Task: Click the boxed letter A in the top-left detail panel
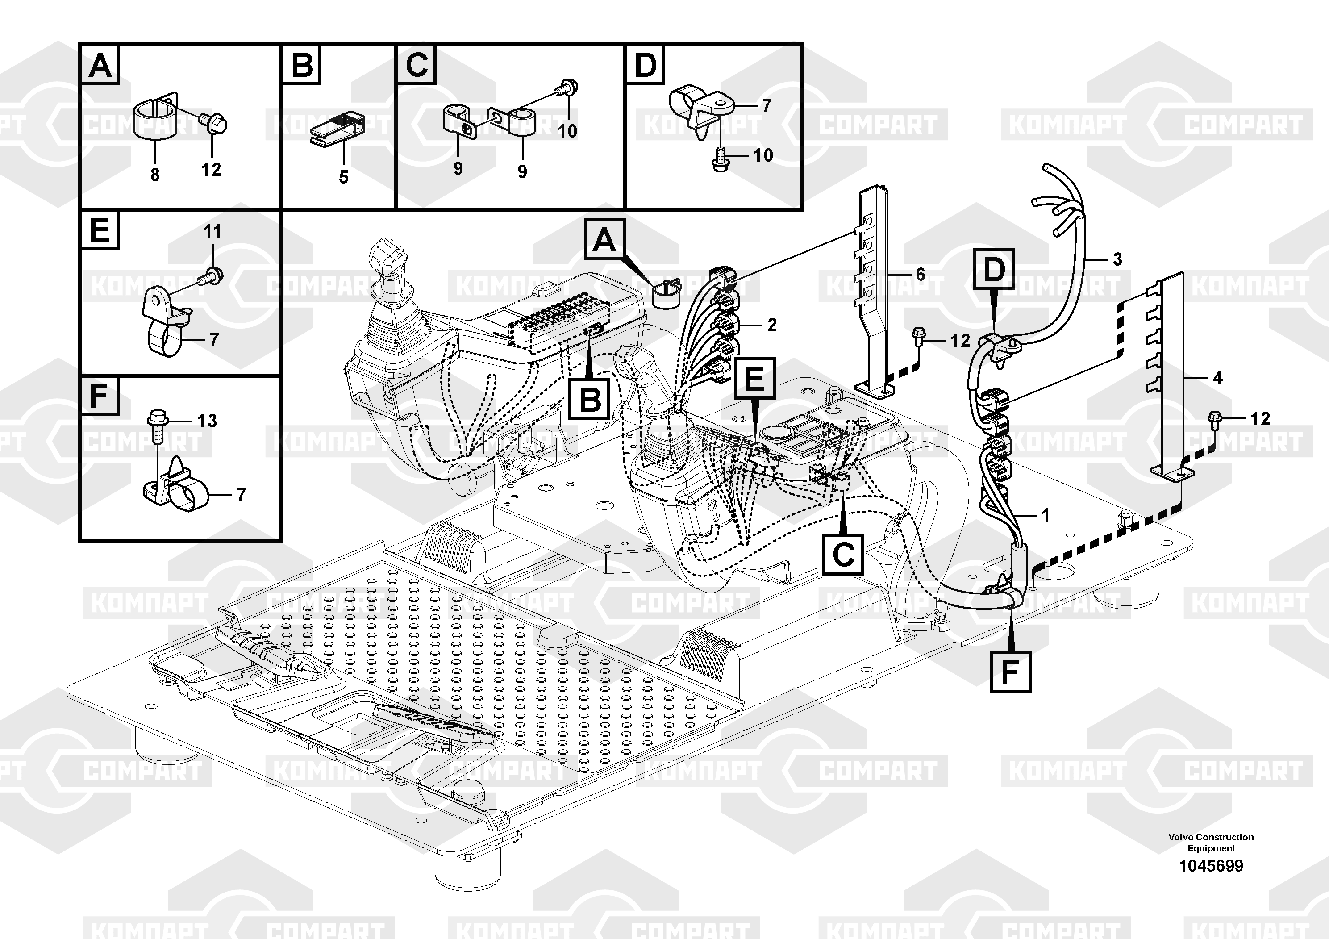click(x=100, y=65)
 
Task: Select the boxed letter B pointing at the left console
click(x=589, y=400)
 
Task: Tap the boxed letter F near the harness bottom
click(x=1010, y=672)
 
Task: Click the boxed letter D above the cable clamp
click(x=994, y=269)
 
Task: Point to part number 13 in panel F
click(x=207, y=421)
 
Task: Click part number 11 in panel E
click(x=212, y=232)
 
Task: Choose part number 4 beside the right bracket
click(x=1217, y=378)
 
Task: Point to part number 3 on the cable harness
click(x=1117, y=259)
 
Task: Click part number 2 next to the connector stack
click(x=771, y=326)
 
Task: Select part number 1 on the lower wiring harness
click(x=1046, y=515)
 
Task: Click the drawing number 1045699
click(x=1211, y=866)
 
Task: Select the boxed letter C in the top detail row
click(x=416, y=65)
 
